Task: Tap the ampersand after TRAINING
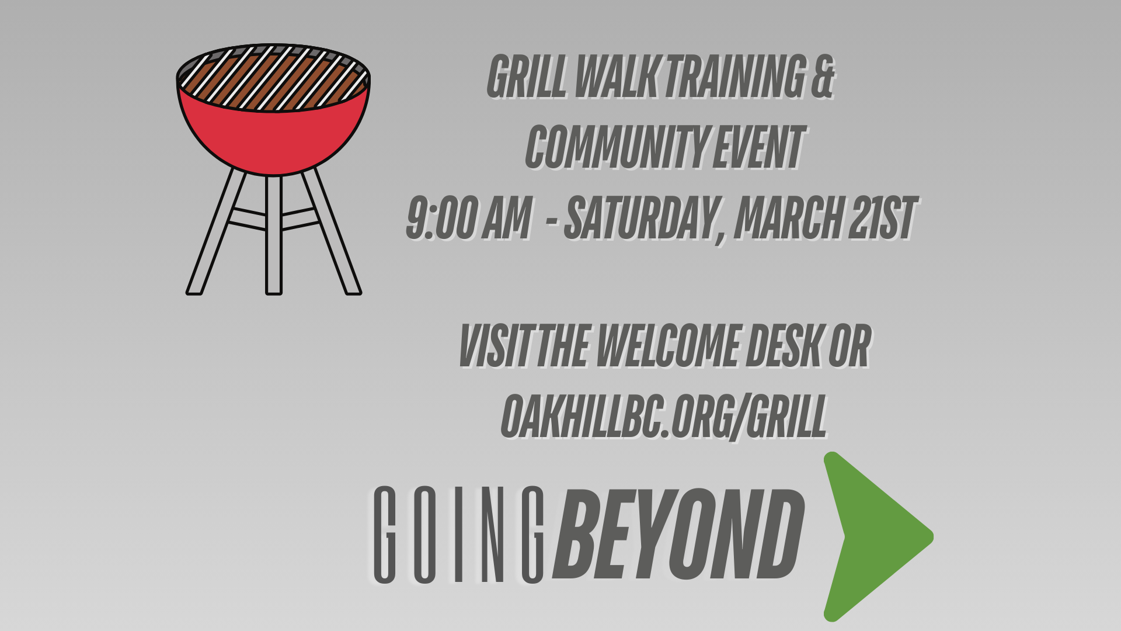pos(822,77)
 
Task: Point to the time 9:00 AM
pos(468,217)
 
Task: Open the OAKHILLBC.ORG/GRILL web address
pos(664,417)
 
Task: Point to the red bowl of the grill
pos(273,139)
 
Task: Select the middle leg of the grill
pos(274,234)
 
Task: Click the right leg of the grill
pos(332,231)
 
